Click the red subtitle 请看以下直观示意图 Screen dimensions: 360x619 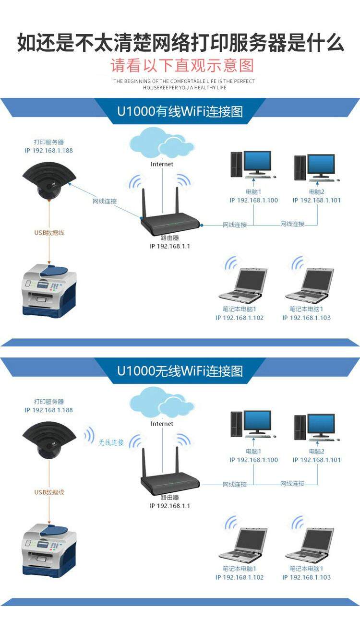[x=182, y=65]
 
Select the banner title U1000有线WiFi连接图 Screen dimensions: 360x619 [x=180, y=111]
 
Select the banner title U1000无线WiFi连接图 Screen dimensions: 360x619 [x=180, y=371]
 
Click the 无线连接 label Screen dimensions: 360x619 [x=111, y=442]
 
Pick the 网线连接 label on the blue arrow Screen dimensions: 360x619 [x=105, y=201]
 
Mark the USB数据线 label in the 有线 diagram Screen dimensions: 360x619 [x=49, y=233]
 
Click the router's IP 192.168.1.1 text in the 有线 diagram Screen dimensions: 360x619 [x=169, y=246]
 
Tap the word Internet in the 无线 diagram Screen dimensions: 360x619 [x=162, y=424]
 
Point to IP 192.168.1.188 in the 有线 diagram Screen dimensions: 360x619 [x=49, y=150]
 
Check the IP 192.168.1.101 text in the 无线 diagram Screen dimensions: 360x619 [x=317, y=460]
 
